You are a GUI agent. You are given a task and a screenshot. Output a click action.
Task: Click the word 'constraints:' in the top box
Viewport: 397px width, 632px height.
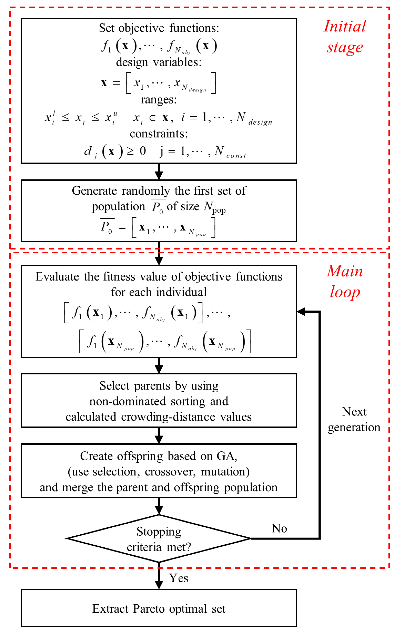pyautogui.click(x=159, y=134)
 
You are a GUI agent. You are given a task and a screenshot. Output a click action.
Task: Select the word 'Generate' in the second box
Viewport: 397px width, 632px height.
pyautogui.click(x=94, y=191)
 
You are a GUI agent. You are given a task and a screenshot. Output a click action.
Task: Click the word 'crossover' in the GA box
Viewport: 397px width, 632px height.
pyautogui.click(x=170, y=472)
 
